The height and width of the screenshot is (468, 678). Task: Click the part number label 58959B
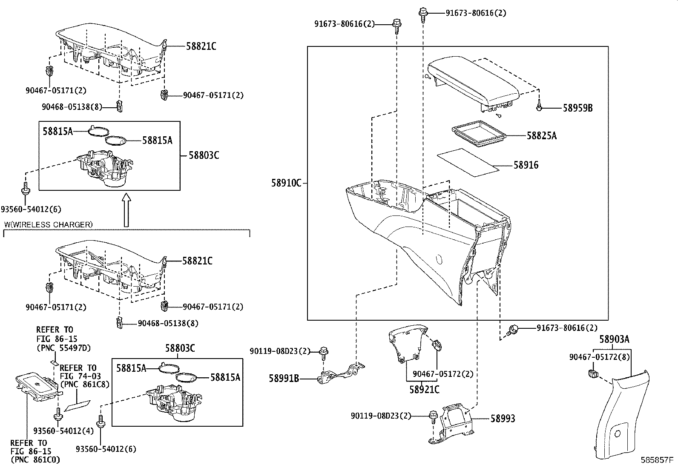[577, 109]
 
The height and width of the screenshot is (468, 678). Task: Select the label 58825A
[541, 136]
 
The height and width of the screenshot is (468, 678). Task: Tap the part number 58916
[526, 165]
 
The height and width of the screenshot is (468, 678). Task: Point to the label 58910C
[286, 183]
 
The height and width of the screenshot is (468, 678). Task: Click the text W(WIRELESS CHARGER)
[48, 224]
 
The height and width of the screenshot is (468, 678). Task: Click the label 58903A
[614, 339]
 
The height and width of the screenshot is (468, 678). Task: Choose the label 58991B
[284, 378]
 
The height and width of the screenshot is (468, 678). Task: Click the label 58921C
[424, 389]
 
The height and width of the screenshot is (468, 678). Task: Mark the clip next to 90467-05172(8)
[592, 373]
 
